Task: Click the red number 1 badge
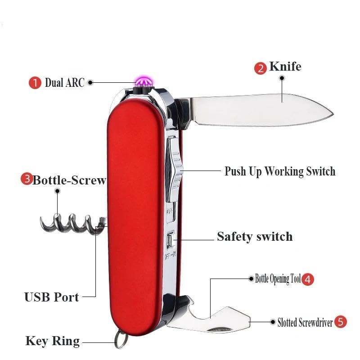(x=35, y=83)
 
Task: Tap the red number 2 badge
(x=261, y=68)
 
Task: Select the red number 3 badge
(x=27, y=179)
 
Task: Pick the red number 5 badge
(x=341, y=322)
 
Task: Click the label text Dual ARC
(x=64, y=83)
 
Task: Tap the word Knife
(x=285, y=67)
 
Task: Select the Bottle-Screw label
(x=69, y=180)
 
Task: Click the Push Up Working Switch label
(x=280, y=171)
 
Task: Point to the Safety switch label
(x=255, y=236)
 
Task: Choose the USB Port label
(x=52, y=297)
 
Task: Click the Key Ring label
(x=52, y=341)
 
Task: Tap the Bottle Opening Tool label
(x=278, y=279)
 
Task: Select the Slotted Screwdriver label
(x=305, y=322)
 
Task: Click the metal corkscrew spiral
(x=72, y=223)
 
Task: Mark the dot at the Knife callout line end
(x=282, y=78)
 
